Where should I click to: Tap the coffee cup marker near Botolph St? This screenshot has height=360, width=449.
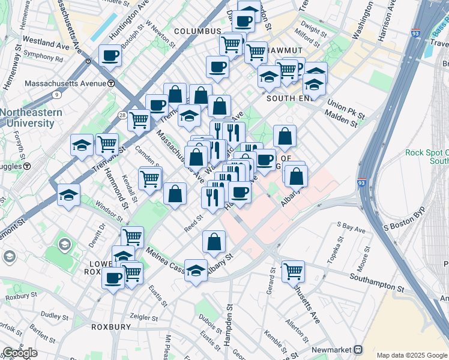pyautogui.click(x=110, y=56)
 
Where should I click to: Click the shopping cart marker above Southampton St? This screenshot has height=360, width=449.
pyautogui.click(x=293, y=271)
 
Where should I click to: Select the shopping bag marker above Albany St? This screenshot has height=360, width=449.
pyautogui.click(x=214, y=242)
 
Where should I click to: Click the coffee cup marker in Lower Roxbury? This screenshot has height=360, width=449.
pyautogui.click(x=113, y=278)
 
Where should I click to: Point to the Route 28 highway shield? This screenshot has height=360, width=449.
pyautogui.click(x=122, y=115)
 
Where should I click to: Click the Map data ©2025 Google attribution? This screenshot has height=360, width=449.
pyautogui.click(x=411, y=355)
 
